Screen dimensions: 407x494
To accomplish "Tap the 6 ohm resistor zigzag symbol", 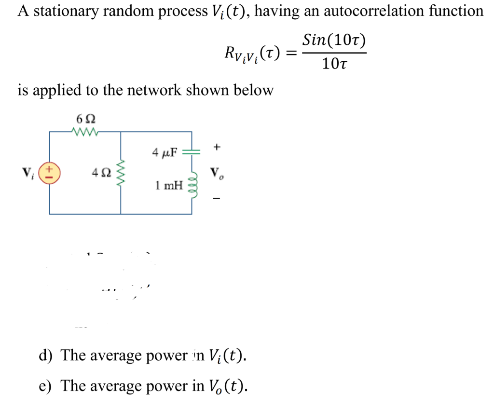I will point(85,131).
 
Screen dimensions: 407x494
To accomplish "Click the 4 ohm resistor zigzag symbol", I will point(121,172).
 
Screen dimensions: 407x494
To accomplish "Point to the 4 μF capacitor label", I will point(165,153).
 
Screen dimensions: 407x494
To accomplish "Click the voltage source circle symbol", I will point(50,172).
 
